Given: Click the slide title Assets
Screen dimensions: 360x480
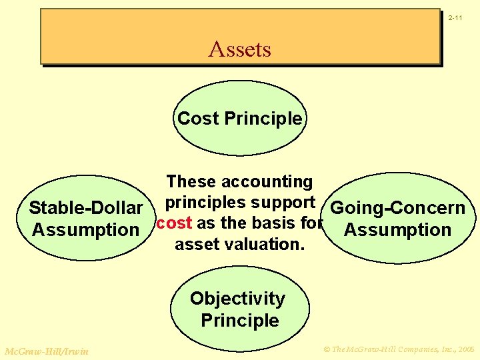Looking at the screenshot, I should coord(239,49).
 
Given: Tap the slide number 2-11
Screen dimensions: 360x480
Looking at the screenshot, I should coord(456,17).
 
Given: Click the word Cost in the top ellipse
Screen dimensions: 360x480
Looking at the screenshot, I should coord(198,119).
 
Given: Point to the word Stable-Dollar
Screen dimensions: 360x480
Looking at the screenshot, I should coord(86,208).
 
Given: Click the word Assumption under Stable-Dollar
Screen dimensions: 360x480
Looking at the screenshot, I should coord(85,230).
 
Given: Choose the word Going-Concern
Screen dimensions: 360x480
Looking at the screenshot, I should coord(398,208).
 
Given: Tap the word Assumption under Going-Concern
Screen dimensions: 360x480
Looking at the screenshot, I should coord(398,230).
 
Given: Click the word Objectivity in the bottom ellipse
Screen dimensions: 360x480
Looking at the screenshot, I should coord(237,299).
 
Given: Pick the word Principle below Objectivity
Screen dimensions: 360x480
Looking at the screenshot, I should coord(240,321).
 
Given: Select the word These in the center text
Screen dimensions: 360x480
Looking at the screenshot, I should coord(191,182).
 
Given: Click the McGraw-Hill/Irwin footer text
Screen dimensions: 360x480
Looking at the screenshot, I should coord(46,351).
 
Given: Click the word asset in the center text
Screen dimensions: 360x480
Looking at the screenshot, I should coord(196,245).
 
